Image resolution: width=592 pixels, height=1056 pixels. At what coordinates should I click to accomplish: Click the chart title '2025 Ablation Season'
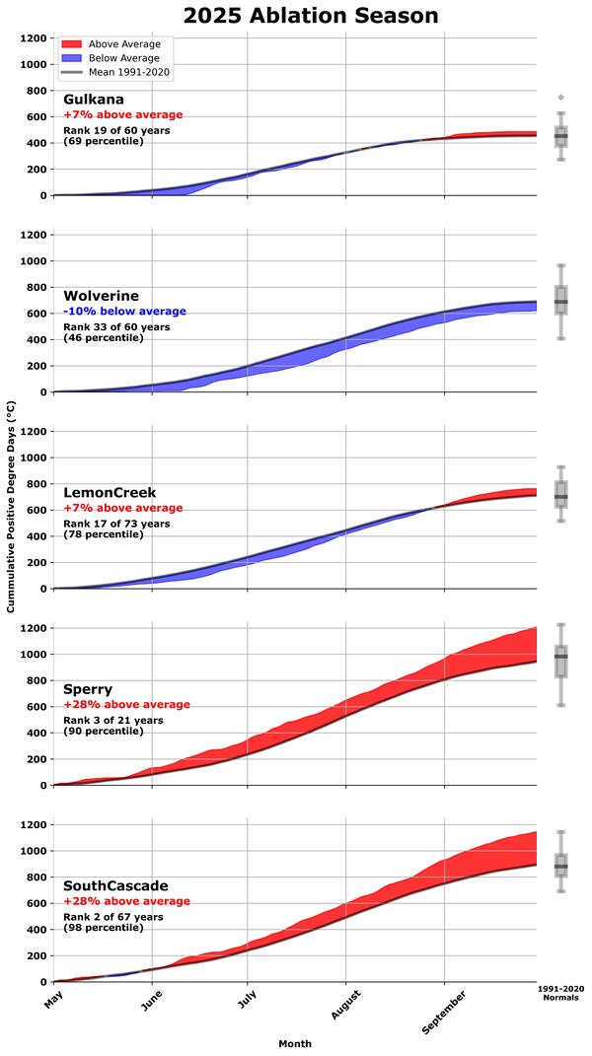tap(311, 16)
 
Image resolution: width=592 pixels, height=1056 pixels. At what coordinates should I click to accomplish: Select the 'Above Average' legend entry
tap(116, 44)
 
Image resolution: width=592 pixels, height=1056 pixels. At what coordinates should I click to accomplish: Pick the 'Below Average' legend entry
tap(116, 58)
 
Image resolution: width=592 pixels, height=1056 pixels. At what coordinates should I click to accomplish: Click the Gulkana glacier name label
tap(94, 100)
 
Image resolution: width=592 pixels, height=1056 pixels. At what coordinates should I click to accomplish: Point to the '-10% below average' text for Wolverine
tap(124, 312)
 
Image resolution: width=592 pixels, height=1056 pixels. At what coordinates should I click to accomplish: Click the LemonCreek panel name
tap(110, 492)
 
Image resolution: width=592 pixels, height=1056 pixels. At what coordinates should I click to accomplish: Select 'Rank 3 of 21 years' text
tap(113, 720)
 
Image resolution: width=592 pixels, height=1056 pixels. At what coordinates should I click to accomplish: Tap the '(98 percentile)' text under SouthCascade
tap(104, 928)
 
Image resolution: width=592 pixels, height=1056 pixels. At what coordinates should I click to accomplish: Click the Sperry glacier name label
tap(88, 688)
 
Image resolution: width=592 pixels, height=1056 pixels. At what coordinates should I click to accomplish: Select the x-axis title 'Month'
tap(294, 1043)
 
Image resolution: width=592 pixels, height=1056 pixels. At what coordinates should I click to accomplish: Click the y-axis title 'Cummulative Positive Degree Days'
tap(11, 507)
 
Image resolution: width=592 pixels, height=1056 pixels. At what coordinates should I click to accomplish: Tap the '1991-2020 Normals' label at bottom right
tap(560, 992)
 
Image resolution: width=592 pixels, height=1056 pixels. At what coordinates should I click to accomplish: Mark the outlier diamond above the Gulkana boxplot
tap(561, 98)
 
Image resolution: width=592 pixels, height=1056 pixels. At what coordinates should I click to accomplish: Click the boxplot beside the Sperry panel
tap(561, 661)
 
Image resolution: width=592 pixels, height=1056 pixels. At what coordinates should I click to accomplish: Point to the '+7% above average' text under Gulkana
tap(123, 115)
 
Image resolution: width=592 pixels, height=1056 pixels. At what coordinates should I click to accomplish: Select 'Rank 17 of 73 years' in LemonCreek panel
tap(116, 524)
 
